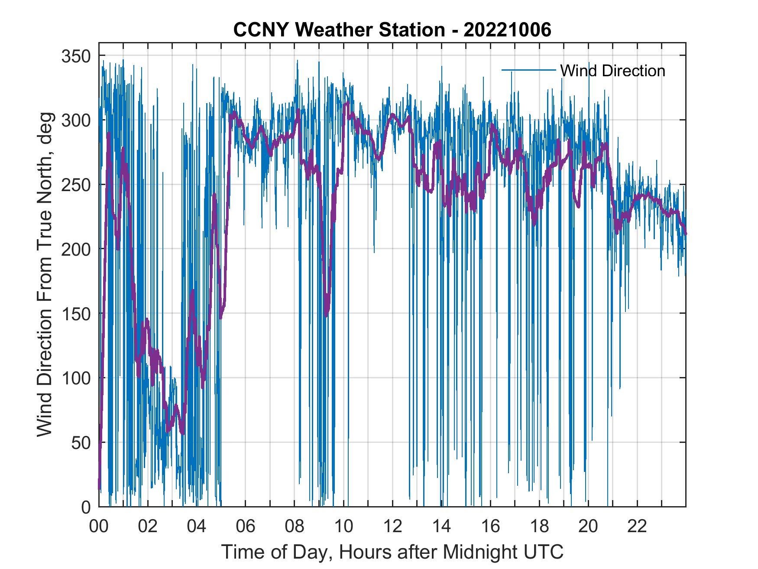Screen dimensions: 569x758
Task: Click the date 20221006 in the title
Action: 507,30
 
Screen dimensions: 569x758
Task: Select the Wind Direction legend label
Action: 612,71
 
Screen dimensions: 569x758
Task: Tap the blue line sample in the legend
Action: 528,70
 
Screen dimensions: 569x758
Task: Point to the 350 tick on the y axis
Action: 76,56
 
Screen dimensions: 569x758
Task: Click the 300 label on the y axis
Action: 76,120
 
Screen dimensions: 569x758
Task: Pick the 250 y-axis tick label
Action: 76,185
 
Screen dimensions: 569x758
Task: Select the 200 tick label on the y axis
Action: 76,249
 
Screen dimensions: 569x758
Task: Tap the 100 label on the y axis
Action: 76,378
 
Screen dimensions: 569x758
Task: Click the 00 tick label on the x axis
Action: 99,527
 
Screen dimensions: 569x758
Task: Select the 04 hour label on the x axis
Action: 197,527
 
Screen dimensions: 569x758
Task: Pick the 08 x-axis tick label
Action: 295,527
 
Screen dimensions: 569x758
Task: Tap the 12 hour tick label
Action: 392,527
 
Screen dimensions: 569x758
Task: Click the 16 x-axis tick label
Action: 490,527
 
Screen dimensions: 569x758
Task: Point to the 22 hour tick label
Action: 637,527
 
